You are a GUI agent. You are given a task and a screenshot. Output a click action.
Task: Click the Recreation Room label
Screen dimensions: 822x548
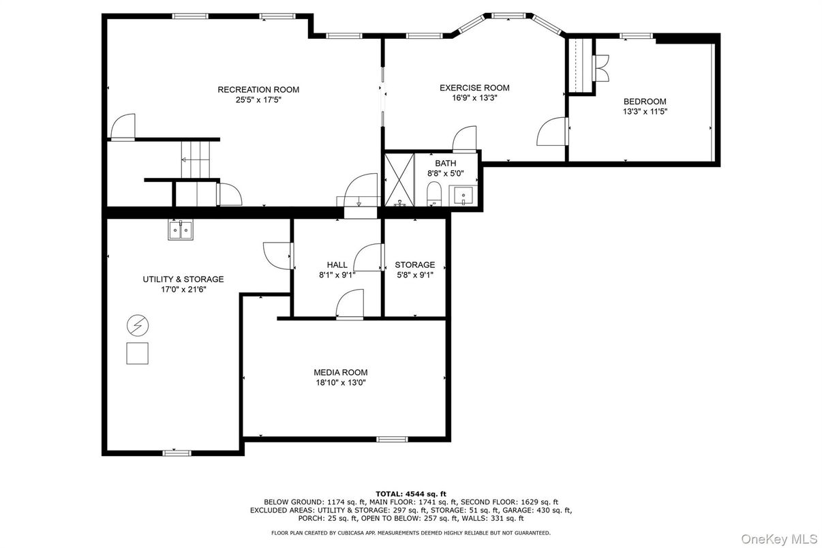click(x=258, y=89)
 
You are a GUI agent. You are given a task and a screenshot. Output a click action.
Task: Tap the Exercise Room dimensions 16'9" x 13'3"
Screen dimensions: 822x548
click(x=474, y=98)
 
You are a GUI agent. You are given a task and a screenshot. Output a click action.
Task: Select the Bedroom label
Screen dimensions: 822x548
click(x=645, y=102)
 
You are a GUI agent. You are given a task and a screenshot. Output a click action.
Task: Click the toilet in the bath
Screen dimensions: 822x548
click(x=434, y=194)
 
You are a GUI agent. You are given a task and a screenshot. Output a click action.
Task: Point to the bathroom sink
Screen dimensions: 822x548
click(x=463, y=196)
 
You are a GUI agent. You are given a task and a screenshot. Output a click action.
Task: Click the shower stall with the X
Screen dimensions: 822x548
click(x=399, y=180)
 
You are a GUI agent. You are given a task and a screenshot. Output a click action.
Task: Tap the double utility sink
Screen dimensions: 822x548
click(x=181, y=230)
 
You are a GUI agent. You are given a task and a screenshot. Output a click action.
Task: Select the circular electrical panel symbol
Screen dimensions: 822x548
click(x=138, y=326)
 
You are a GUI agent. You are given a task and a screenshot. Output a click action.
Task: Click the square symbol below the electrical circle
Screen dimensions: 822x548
click(x=137, y=354)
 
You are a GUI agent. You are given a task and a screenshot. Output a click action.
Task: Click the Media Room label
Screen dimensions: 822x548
click(x=341, y=372)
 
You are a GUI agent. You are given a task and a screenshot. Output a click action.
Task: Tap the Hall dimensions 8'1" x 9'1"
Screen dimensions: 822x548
click(x=337, y=275)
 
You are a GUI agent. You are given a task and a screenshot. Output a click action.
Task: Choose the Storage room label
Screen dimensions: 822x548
click(x=415, y=264)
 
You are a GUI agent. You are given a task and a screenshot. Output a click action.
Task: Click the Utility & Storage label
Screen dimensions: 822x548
click(x=183, y=279)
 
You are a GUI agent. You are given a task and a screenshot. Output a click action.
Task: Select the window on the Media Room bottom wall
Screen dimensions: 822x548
click(x=393, y=440)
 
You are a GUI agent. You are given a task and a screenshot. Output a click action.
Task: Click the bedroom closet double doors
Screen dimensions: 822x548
click(x=600, y=68)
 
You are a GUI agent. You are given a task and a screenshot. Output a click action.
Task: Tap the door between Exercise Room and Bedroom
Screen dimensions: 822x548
click(x=552, y=132)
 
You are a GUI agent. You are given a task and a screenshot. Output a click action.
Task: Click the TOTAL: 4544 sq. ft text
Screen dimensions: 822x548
click(x=411, y=494)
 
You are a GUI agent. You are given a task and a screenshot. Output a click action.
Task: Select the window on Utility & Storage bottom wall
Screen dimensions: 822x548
click(x=177, y=453)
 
